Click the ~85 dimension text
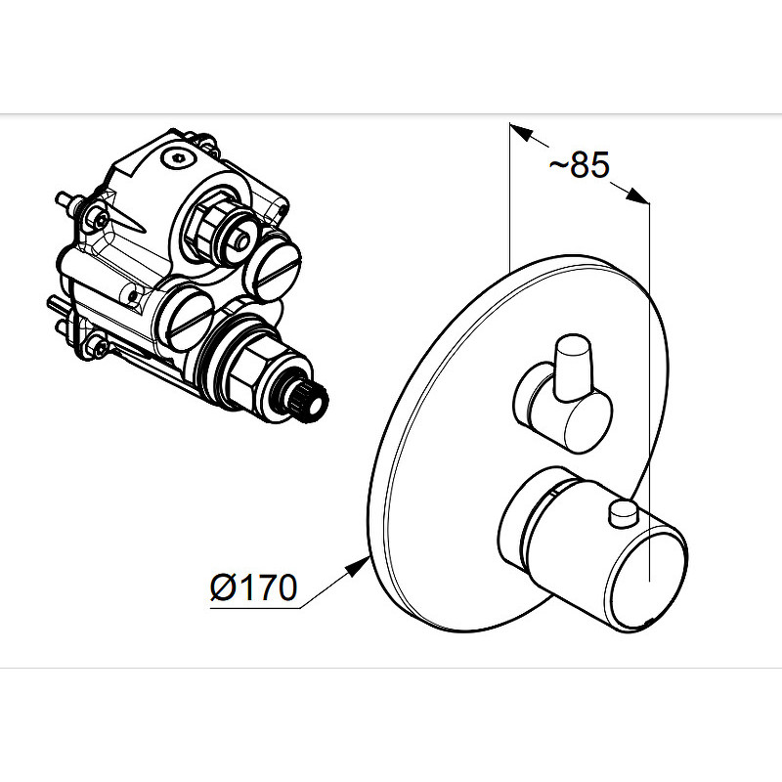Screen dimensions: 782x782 coord(579,164)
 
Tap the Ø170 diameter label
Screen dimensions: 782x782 coord(254,587)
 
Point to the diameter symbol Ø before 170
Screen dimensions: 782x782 coord(223,587)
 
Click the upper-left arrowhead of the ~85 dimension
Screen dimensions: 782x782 coord(521,131)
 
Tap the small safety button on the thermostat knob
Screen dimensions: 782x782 coord(624,514)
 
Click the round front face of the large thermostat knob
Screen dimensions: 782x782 coord(646,581)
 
